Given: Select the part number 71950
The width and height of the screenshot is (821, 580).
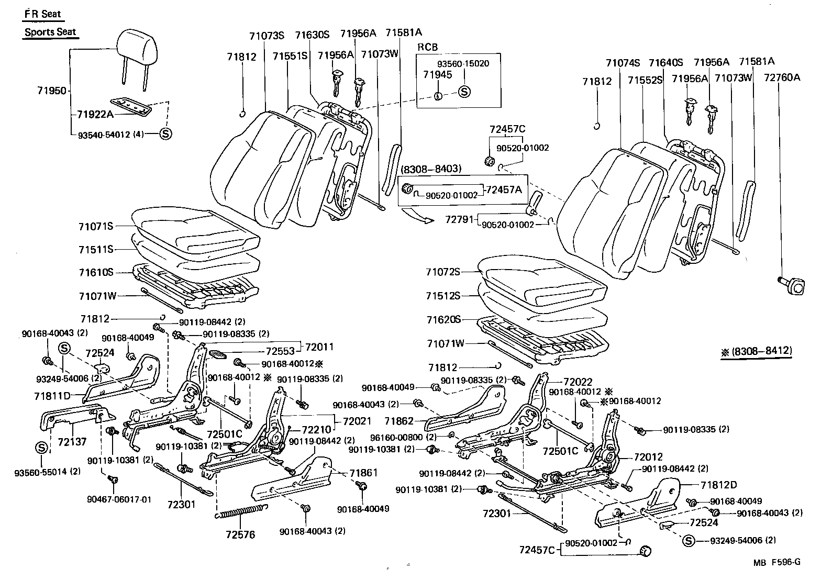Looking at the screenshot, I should click(x=52, y=91).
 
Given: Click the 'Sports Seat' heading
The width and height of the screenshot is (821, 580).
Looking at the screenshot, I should click(x=50, y=32).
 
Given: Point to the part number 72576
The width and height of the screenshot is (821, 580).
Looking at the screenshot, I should click(x=240, y=534).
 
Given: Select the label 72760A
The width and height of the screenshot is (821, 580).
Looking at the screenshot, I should click(x=782, y=77).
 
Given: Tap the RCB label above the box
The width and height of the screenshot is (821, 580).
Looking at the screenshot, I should click(x=427, y=47).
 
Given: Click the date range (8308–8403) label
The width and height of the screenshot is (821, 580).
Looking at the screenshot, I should click(x=431, y=169).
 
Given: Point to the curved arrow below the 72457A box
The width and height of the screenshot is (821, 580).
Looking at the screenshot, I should click(x=417, y=215).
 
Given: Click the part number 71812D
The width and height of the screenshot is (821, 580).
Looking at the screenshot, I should click(x=718, y=484).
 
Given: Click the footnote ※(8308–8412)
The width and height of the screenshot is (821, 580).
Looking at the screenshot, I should click(x=756, y=351).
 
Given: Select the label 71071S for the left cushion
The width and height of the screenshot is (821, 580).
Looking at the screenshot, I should click(x=96, y=226).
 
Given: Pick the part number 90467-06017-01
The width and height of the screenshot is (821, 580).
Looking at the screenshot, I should click(x=119, y=499).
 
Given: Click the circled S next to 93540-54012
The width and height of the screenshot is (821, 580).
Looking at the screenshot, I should click(x=165, y=134).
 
